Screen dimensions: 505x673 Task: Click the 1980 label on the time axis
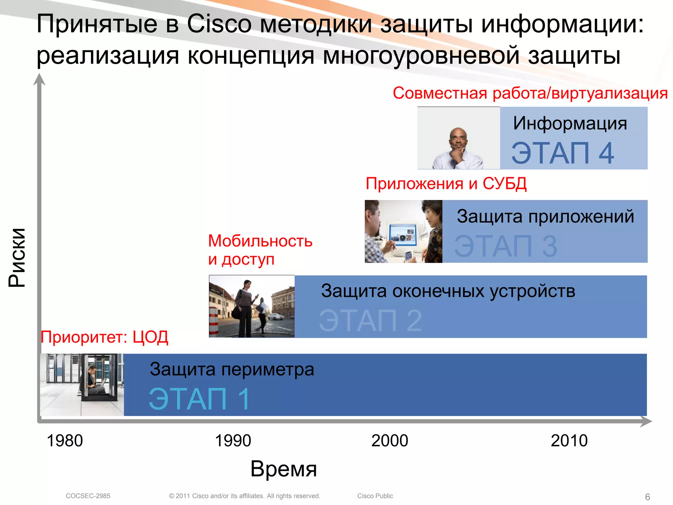click(65, 441)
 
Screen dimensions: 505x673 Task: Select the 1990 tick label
click(233, 441)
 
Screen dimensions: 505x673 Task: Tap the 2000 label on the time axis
click(389, 441)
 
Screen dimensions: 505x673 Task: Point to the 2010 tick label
click(569, 441)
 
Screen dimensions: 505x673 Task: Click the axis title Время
click(284, 469)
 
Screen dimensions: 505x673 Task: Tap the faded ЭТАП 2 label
click(370, 321)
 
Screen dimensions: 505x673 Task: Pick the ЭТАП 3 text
click(505, 246)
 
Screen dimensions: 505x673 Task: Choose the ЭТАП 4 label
click(562, 153)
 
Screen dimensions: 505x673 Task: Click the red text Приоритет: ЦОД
click(104, 337)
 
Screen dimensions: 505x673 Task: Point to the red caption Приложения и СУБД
click(446, 183)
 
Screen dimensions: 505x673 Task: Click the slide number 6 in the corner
click(647, 497)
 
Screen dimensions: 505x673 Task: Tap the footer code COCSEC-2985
click(88, 496)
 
